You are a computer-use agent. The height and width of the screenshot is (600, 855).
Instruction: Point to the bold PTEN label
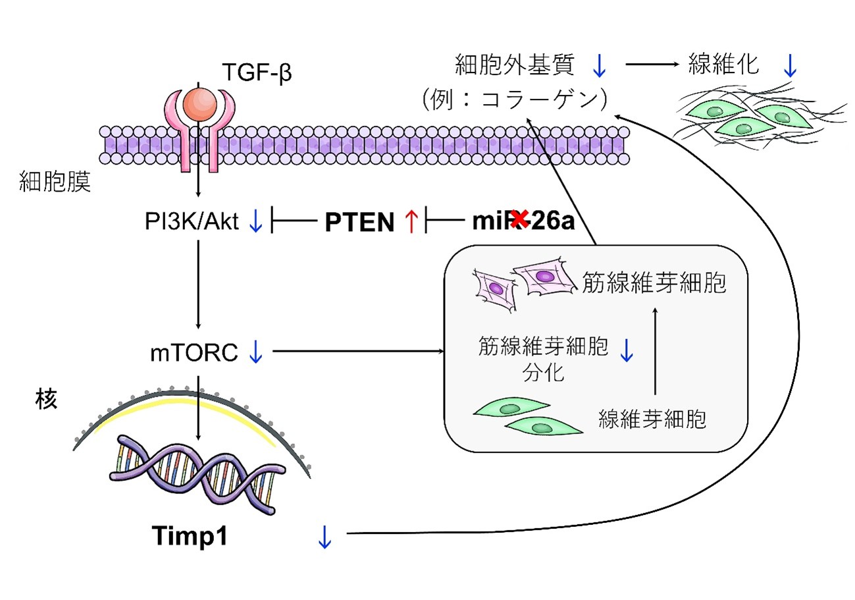coord(359,223)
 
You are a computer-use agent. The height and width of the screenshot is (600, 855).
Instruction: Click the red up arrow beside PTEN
coord(411,222)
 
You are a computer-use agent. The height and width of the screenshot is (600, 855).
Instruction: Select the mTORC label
coord(194,353)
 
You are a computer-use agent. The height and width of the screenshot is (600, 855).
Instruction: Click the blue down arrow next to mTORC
coord(255,353)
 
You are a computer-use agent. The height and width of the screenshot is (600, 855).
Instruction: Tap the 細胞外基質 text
coord(515,65)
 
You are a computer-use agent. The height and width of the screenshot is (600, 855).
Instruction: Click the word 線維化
coord(724,65)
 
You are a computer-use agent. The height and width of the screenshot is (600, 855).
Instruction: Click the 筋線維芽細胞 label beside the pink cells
coord(654,283)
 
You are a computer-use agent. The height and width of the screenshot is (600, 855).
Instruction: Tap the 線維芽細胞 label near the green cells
coord(652,419)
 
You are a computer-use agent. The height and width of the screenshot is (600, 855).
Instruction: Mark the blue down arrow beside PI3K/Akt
coord(256,222)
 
